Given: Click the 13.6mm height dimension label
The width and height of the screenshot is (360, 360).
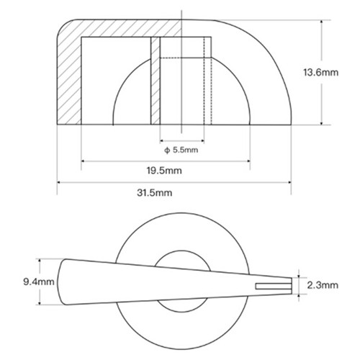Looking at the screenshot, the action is pyautogui.click(x=321, y=72).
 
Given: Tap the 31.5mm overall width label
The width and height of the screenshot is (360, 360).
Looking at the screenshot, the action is pyautogui.click(x=155, y=193).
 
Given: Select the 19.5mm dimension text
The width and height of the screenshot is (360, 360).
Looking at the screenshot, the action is pyautogui.click(x=164, y=171).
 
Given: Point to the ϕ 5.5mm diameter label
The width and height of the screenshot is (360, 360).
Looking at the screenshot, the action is pyautogui.click(x=181, y=150).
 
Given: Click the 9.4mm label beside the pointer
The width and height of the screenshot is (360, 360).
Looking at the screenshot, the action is pyautogui.click(x=39, y=282).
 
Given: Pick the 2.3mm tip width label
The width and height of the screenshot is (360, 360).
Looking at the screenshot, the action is pyautogui.click(x=323, y=285).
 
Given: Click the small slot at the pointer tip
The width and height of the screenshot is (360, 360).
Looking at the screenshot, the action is pyautogui.click(x=274, y=286).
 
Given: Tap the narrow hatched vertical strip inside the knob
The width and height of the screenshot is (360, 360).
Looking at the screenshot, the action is pyautogui.click(x=156, y=81).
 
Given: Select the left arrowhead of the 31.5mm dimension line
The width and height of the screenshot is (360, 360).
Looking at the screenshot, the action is pyautogui.click(x=59, y=182).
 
